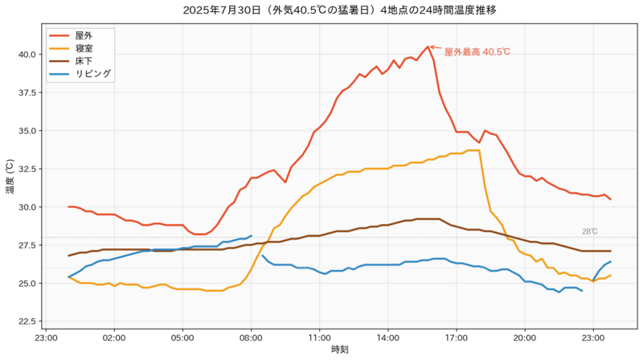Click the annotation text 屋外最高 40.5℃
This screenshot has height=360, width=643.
pyautogui.click(x=477, y=51)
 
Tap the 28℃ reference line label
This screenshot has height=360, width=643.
pyautogui.click(x=589, y=231)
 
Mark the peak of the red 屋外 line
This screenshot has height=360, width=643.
pyautogui.click(x=428, y=47)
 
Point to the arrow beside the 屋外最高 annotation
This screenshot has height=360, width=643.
pyautogui.click(x=435, y=48)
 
